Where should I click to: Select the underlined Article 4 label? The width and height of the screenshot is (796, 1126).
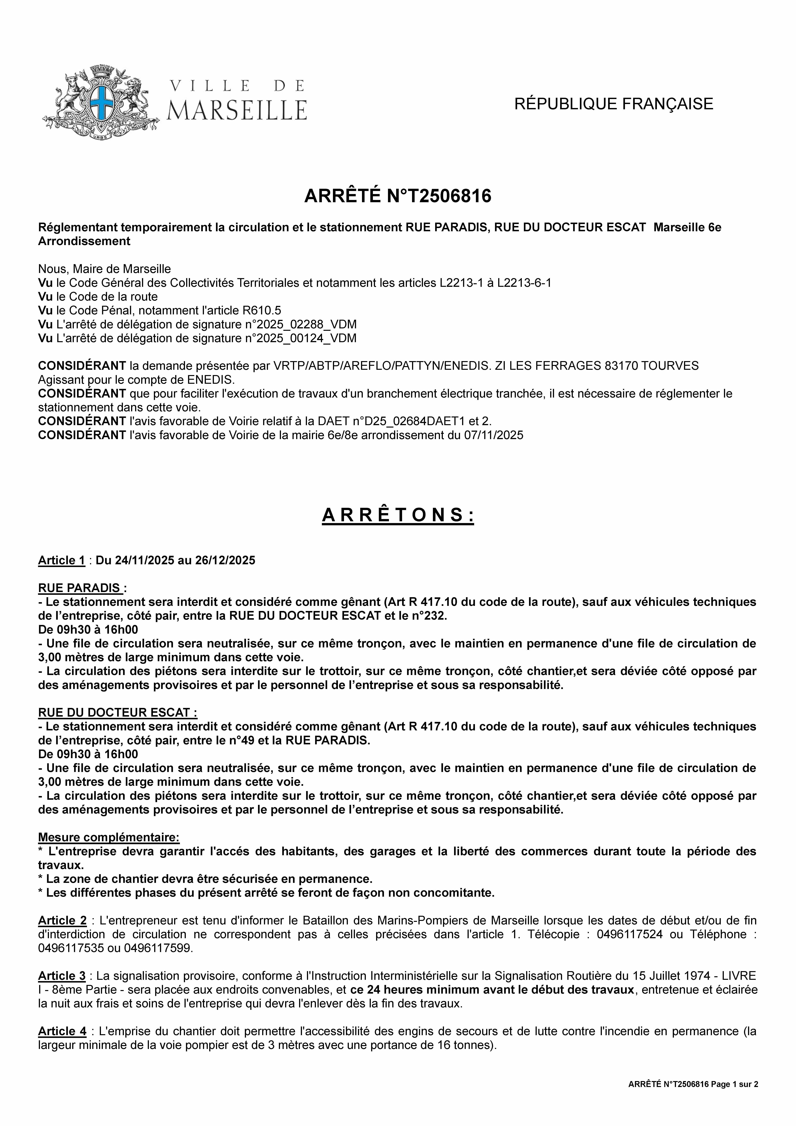[x=62, y=1031]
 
